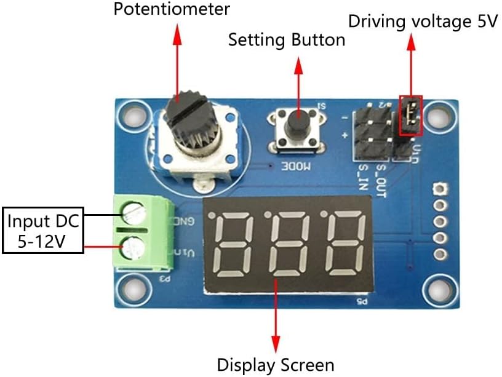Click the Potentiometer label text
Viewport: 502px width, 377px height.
pos(172,9)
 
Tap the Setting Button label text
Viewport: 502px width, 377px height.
pos(286,40)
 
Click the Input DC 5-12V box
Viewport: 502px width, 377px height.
pos(43,231)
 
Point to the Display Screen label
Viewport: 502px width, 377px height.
pos(275,364)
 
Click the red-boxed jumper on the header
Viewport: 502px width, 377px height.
pos(410,115)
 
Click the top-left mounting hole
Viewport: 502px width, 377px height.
pos(132,114)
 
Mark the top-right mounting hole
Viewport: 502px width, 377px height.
pos(439,115)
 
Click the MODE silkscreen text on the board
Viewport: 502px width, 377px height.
pos(297,165)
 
